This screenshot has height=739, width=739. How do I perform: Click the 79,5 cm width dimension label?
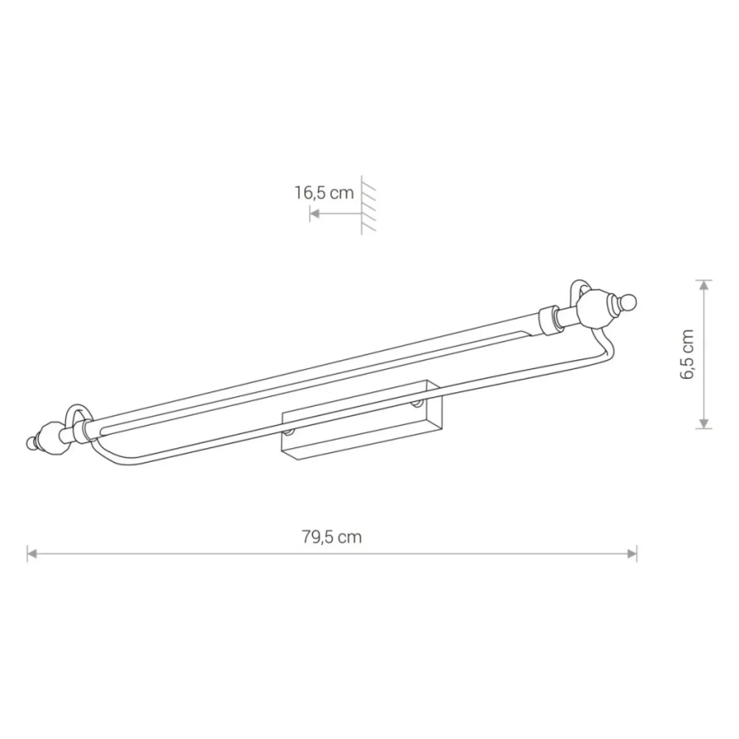click(332, 537)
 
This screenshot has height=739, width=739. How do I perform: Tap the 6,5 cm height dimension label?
click(687, 354)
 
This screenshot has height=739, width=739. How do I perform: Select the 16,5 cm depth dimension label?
click(324, 193)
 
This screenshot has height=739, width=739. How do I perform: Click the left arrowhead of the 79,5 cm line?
click(32, 553)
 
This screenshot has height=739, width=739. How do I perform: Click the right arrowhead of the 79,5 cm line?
click(632, 553)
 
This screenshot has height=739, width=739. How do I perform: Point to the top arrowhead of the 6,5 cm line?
click(703, 285)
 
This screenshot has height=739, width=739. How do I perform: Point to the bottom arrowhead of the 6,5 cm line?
click(703, 424)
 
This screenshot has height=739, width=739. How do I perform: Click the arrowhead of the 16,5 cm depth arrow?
click(315, 214)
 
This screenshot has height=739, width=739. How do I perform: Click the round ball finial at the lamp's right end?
click(629, 303)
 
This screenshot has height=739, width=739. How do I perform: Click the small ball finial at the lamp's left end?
click(31, 442)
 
